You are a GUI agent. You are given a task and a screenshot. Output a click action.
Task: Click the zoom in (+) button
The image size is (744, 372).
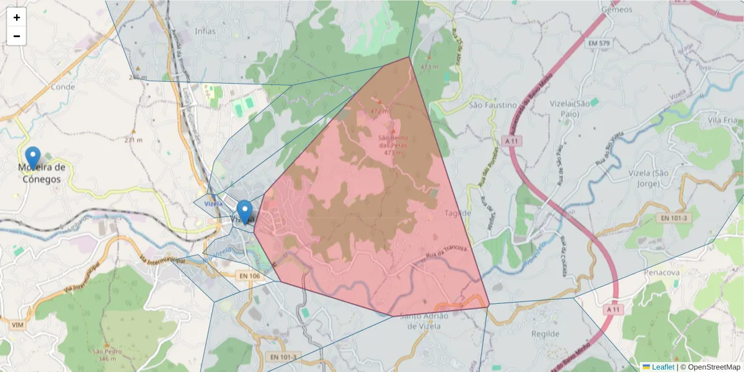(17, 17)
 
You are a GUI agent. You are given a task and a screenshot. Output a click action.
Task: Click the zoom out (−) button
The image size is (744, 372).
(17, 36)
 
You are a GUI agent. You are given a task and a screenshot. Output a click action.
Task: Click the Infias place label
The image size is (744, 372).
(205, 30)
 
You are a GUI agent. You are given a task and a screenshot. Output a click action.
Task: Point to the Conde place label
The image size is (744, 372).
(63, 87)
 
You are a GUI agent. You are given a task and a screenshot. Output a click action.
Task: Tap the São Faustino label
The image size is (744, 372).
(493, 105)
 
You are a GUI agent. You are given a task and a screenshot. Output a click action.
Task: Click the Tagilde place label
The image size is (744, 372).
(458, 213)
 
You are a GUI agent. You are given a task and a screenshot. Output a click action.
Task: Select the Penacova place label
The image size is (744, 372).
(662, 272)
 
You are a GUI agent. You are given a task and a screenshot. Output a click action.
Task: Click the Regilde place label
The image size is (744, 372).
(546, 334)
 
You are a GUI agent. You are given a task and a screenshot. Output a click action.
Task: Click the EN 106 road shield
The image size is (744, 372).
(249, 275)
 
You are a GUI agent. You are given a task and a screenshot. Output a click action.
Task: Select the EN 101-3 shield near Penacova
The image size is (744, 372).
(673, 218)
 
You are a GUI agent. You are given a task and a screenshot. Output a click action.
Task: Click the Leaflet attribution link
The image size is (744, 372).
(662, 366)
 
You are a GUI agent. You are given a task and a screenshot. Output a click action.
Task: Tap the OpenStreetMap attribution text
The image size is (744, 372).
(714, 366)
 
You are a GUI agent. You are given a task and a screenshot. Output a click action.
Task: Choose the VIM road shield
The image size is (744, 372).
(17, 324)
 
